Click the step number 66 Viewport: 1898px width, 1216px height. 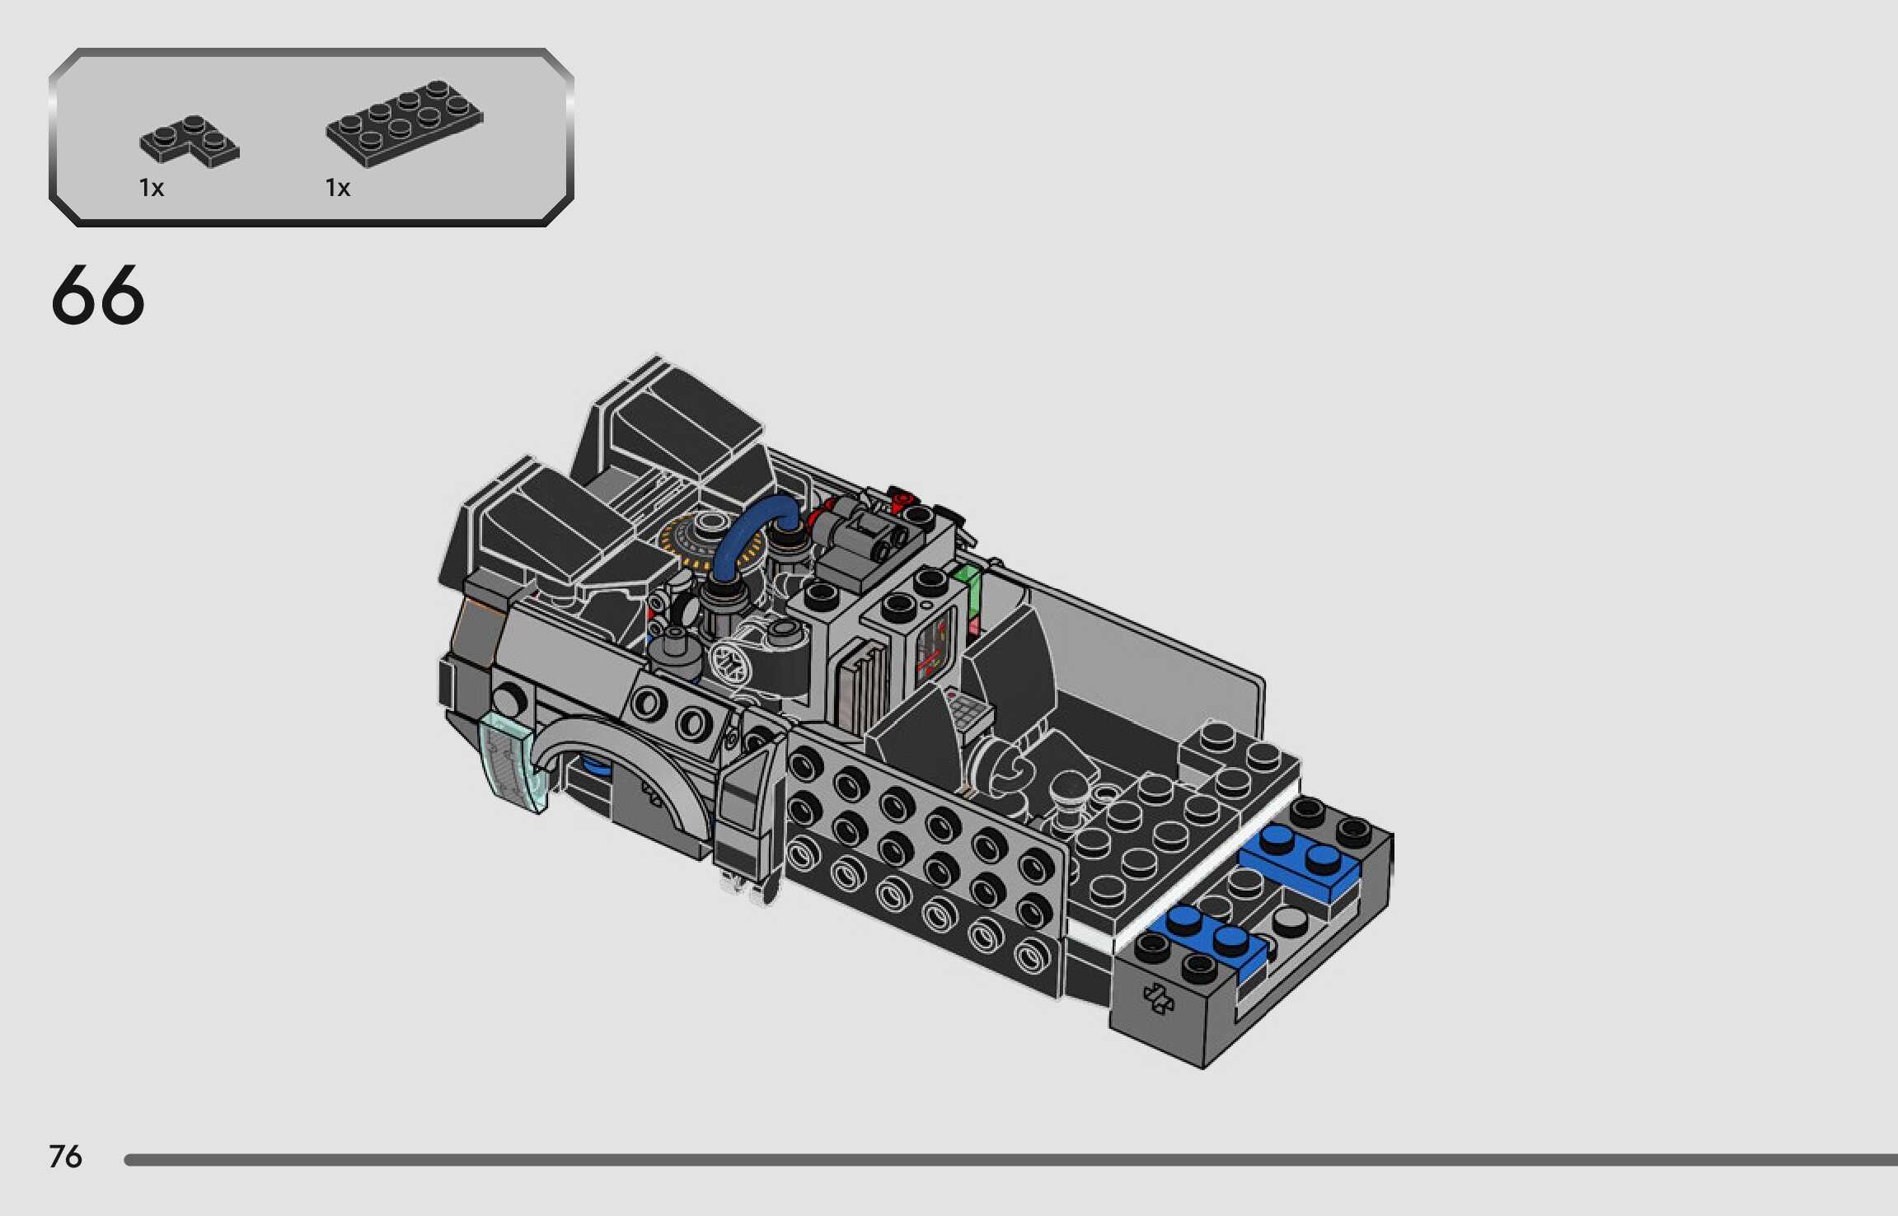coord(97,295)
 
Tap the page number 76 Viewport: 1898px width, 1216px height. coord(65,1157)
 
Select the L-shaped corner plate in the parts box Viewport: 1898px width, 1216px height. coord(189,142)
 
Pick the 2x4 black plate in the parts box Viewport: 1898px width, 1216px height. coord(405,123)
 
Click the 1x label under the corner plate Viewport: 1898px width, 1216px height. coord(152,189)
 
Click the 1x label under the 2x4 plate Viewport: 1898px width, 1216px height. coord(338,189)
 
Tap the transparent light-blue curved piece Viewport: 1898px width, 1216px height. coord(513,762)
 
